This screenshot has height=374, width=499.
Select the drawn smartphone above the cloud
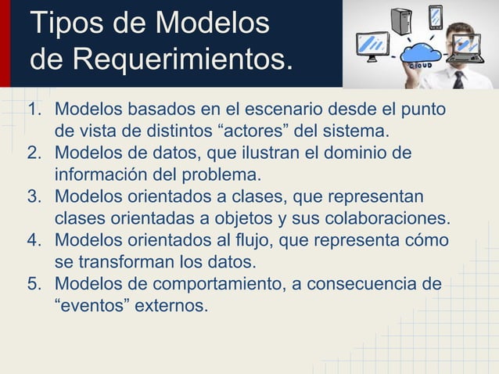435,18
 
